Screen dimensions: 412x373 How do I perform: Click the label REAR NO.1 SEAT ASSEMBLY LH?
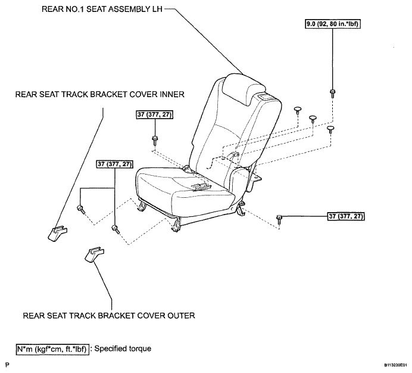102,9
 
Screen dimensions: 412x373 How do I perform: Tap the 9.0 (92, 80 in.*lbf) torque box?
332,24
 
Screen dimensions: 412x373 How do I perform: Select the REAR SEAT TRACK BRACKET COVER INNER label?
100,94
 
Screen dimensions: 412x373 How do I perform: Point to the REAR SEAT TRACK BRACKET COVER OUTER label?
109,315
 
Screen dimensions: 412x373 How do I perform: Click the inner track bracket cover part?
58,233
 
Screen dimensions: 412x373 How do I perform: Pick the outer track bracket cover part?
94,254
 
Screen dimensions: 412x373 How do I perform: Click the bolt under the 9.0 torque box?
333,94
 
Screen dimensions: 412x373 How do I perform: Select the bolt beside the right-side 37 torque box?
279,219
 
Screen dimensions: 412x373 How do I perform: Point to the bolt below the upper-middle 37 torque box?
155,140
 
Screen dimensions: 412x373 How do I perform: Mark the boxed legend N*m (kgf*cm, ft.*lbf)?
52,349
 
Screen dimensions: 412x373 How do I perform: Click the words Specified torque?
123,349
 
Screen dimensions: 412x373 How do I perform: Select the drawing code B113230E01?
395,365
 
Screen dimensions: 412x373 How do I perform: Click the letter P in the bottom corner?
7,365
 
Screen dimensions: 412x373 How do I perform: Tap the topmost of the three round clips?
298,110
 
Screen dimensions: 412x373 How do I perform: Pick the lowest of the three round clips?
330,129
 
